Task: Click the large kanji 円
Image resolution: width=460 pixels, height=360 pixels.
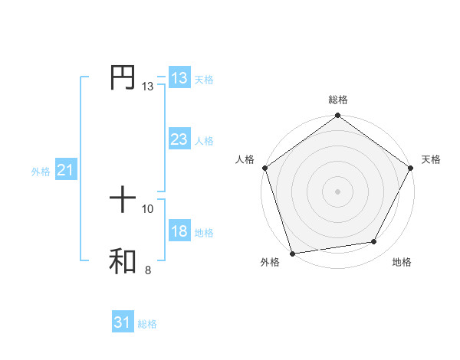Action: click(x=123, y=78)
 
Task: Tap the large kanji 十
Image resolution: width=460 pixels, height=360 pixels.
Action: click(x=123, y=201)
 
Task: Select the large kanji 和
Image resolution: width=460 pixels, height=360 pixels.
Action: click(x=123, y=262)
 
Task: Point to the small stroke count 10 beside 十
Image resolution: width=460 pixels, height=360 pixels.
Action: click(x=148, y=208)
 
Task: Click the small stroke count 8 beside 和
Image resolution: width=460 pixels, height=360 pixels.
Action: click(x=148, y=270)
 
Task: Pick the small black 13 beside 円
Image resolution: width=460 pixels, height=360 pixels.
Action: click(x=148, y=87)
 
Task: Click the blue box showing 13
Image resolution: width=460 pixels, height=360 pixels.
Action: click(x=179, y=78)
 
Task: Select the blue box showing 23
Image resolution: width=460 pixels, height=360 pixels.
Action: click(x=179, y=139)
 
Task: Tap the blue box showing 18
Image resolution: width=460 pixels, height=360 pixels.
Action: click(x=179, y=231)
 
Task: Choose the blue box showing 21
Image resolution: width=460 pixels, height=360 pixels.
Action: click(x=65, y=171)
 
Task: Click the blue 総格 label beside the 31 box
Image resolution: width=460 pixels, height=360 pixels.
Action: click(x=147, y=324)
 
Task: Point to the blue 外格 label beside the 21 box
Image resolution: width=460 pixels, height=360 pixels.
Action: click(x=41, y=172)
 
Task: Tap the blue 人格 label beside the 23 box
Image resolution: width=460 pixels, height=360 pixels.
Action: click(x=204, y=141)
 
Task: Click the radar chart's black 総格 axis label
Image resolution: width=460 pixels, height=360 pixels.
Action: click(x=338, y=100)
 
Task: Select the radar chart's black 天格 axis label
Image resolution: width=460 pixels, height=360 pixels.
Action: click(x=432, y=159)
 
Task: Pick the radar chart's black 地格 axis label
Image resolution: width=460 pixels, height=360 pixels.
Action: click(x=402, y=262)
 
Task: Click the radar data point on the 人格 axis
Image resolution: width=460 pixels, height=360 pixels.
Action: click(x=264, y=168)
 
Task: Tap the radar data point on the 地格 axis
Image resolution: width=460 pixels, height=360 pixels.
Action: click(x=374, y=242)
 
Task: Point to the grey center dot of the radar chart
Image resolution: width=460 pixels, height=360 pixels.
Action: click(x=338, y=191)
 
